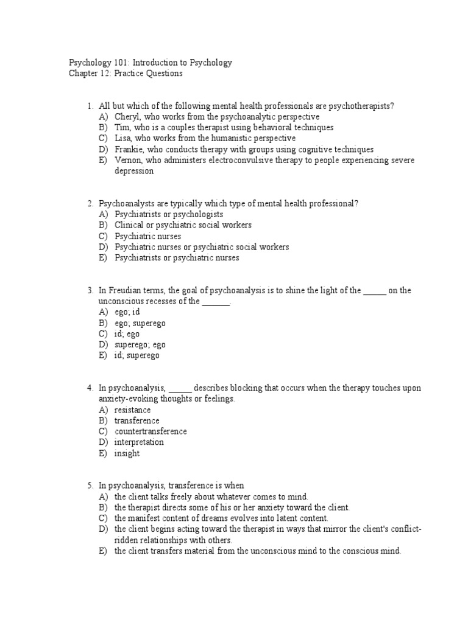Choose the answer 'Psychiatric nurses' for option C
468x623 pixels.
147,236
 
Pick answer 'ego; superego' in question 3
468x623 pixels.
140,323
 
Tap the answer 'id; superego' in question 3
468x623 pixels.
136,356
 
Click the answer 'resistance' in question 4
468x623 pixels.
132,410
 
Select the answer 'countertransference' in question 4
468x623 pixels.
151,432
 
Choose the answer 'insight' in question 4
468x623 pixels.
127,454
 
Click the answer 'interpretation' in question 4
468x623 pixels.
139,443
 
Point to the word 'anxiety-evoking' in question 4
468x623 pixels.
126,399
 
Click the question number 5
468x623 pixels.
90,486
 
